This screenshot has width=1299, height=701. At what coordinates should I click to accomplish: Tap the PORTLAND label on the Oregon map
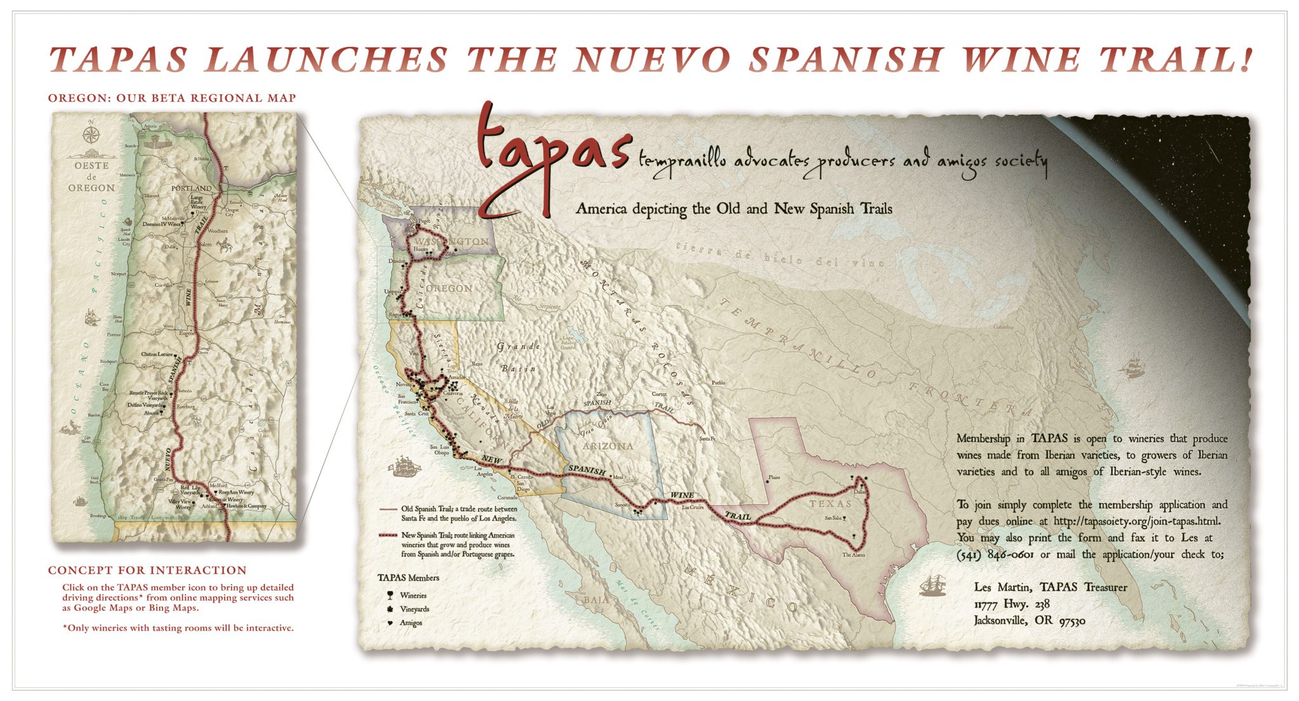coord(191,188)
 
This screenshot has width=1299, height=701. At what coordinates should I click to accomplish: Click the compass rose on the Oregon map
coord(91,134)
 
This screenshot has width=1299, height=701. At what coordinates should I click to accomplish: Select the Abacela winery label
coord(151,413)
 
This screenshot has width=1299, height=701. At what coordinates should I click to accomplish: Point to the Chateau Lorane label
coord(157,354)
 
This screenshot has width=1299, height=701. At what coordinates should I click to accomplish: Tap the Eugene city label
coord(188,332)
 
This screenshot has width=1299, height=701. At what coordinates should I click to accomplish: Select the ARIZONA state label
coord(608,446)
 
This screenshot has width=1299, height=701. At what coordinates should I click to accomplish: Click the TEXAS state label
coord(830,504)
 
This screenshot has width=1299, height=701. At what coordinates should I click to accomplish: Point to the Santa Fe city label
coord(707,439)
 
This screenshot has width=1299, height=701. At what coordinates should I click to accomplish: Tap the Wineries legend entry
coord(413,596)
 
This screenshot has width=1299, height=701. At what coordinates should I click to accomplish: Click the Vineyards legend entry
coord(414,609)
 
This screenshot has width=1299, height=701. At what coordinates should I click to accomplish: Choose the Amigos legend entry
coord(411,623)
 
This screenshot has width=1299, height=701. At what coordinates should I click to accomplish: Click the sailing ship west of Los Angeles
coord(405,466)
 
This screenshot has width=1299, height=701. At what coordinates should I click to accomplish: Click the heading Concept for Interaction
coord(147,570)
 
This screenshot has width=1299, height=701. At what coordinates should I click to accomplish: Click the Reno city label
coord(476,364)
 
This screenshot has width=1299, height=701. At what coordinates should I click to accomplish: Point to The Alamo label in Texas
coord(853,555)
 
